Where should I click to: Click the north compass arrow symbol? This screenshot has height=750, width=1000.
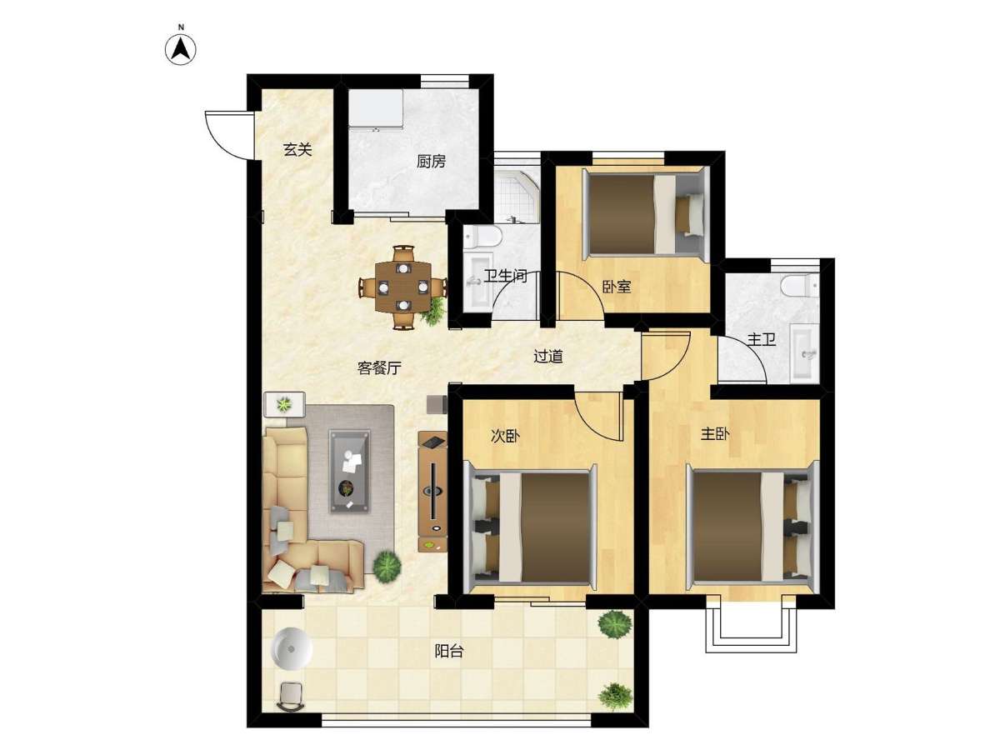[180, 49]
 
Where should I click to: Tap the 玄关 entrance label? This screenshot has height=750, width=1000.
[297, 149]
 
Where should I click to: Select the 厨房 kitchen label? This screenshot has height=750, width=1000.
[431, 161]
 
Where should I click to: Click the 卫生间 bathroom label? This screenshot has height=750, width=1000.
[505, 276]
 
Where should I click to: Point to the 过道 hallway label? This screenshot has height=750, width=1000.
[548, 356]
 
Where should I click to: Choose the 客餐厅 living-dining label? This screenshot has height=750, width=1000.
[379, 367]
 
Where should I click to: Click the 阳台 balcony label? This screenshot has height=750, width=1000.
[448, 651]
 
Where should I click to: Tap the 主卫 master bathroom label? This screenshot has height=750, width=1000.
[762, 339]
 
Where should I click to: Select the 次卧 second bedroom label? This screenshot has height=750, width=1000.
[505, 436]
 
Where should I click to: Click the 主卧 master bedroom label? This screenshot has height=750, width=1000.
[715, 434]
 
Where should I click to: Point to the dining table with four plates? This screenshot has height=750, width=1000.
[403, 287]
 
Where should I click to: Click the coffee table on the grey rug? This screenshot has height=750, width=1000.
[349, 471]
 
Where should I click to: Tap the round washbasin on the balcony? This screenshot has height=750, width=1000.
[291, 648]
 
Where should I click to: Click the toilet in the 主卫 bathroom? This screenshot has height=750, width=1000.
[799, 286]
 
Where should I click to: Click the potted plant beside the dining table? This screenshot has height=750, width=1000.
[435, 310]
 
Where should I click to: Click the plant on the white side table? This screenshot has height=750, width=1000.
[284, 403]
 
